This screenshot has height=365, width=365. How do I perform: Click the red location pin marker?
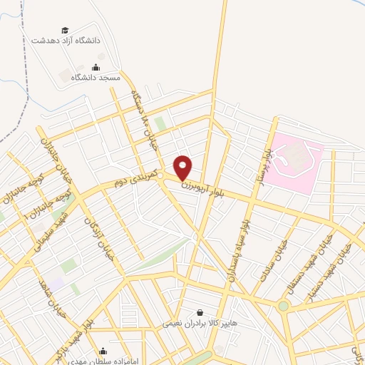(x=184, y=168)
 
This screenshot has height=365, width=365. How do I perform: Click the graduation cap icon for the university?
(x=66, y=30)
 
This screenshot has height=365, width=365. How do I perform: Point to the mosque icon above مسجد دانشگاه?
(x=106, y=67)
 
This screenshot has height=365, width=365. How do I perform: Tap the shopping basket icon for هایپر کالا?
(x=198, y=312)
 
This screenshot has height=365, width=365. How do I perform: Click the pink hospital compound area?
(x=295, y=163)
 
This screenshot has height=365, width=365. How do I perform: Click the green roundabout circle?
(x=284, y=307)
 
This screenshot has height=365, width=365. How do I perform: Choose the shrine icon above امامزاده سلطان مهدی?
(x=105, y=351)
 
